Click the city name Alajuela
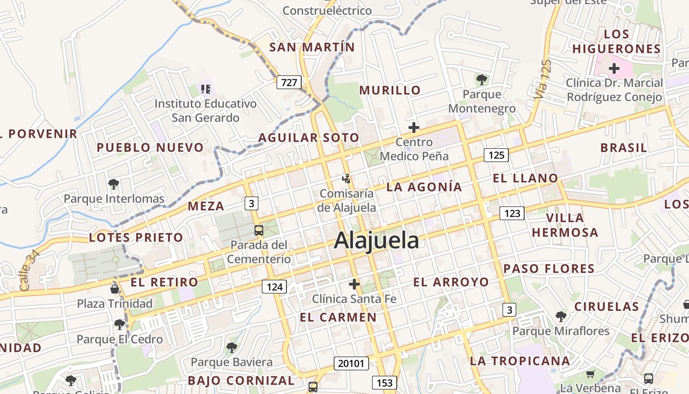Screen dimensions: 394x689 click(x=376, y=241)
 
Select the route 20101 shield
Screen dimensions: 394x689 click(x=351, y=363)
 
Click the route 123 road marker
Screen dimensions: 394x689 click(x=512, y=213)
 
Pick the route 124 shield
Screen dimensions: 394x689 click(x=274, y=287)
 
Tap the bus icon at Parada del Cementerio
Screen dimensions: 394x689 click(x=258, y=230)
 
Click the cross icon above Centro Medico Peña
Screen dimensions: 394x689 click(x=414, y=128)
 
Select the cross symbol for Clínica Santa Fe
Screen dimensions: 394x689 click(x=354, y=284)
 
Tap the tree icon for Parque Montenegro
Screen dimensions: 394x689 click(x=481, y=79)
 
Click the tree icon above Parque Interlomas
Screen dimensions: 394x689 click(x=114, y=184)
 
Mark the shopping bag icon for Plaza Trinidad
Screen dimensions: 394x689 click(x=115, y=289)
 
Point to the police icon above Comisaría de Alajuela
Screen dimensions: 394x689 click(x=347, y=179)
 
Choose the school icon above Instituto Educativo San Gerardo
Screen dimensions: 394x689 click(x=205, y=89)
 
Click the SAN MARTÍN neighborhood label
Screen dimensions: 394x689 click(x=312, y=47)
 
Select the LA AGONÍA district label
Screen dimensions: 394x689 click(x=424, y=187)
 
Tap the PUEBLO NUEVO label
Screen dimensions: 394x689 click(x=150, y=147)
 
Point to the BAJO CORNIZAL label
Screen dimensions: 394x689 click(x=241, y=381)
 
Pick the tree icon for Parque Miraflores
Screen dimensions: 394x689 click(x=561, y=316)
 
